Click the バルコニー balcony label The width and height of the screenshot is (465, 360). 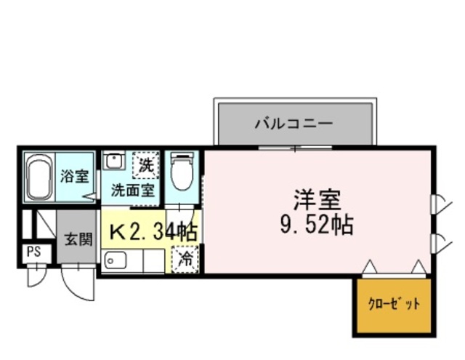pos(294,123)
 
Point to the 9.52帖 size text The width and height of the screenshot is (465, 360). pos(318,224)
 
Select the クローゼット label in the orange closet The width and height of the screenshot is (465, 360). pos(394,304)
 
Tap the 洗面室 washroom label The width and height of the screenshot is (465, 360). pos(132,191)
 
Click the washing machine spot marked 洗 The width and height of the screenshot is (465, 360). pos(147,165)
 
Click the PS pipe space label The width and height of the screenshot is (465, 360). pos(33,252)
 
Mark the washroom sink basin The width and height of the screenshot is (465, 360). pos(113,161)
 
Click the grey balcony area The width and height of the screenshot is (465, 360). pos(294,124)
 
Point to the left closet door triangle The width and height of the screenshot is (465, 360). pos(368,268)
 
